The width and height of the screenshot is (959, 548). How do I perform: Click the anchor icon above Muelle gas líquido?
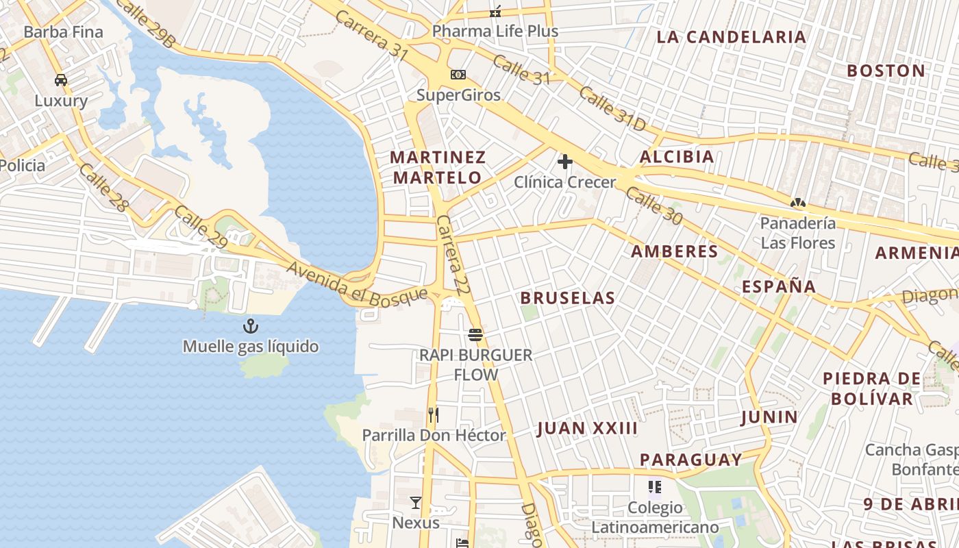[x=251, y=325]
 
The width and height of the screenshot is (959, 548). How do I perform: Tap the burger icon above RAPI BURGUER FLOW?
[x=475, y=335]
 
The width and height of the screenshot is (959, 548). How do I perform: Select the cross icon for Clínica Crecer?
[x=565, y=162]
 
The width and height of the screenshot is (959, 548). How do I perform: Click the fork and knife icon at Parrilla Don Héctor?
[x=433, y=414]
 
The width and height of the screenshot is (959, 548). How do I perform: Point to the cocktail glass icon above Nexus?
[x=416, y=503]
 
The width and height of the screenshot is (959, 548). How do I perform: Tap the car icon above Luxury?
[x=61, y=80]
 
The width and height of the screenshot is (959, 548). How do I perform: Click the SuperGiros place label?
[x=458, y=95]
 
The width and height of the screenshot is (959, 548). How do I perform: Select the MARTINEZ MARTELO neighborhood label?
[x=438, y=167]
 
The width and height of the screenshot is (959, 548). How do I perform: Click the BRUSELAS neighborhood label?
[x=567, y=298]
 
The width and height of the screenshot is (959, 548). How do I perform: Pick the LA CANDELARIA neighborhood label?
[x=731, y=37]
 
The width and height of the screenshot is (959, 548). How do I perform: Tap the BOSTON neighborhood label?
[x=886, y=71]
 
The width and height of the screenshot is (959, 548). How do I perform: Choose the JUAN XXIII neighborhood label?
[x=587, y=429]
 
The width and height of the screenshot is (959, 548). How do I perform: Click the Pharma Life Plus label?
[x=495, y=32]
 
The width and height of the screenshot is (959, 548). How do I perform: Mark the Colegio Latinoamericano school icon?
[x=655, y=487]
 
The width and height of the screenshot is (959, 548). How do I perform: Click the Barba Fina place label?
[x=63, y=32]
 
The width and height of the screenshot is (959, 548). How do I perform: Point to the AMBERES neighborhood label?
[x=674, y=251]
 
